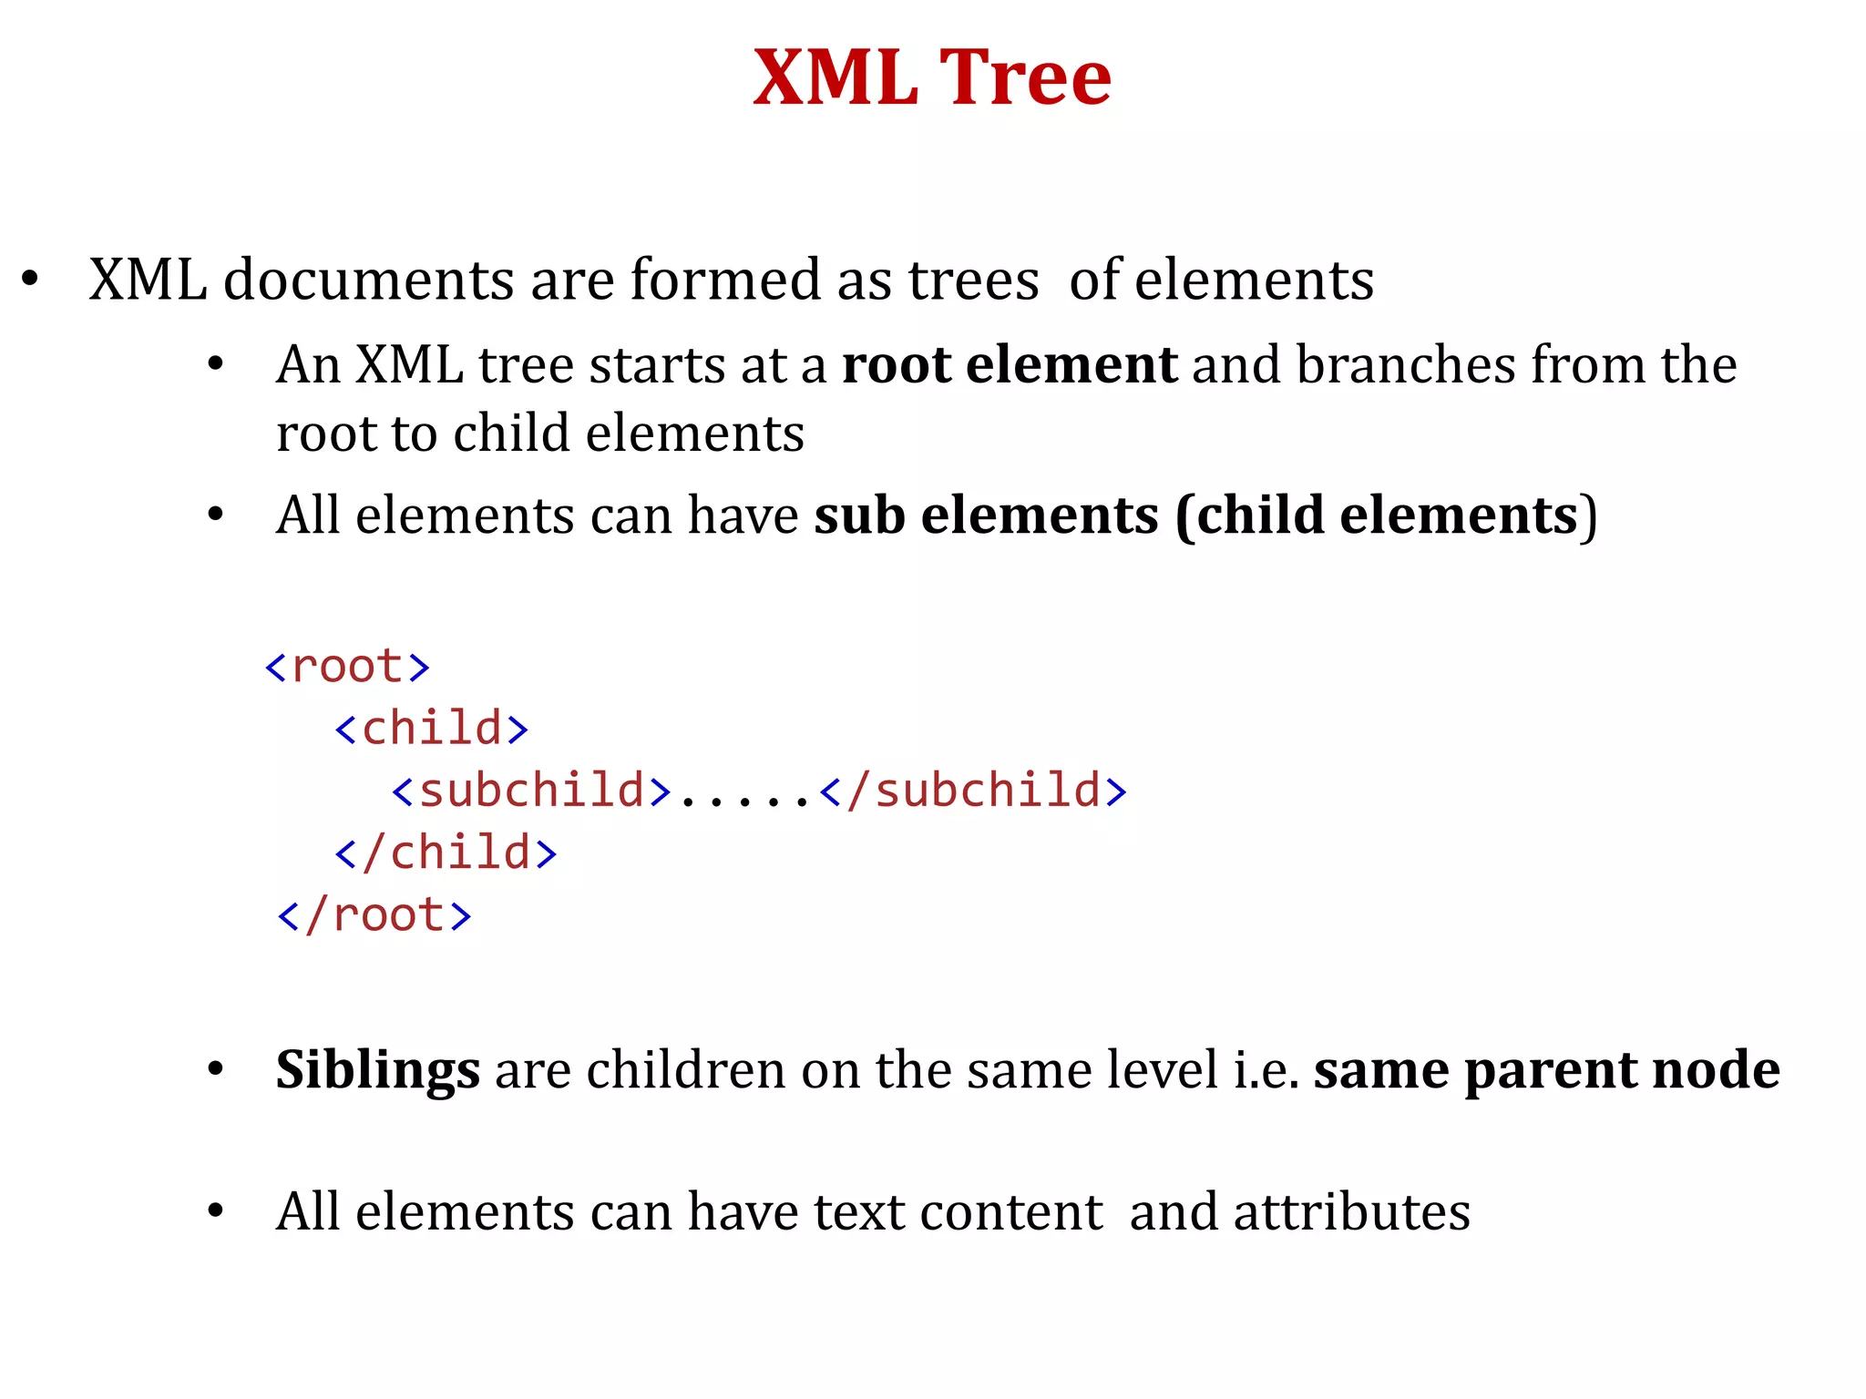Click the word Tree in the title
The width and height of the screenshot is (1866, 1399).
[x=1025, y=78]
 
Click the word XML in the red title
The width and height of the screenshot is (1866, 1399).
[x=836, y=78]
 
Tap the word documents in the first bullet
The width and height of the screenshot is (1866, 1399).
[x=368, y=280]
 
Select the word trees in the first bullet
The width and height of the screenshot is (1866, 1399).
[x=973, y=280]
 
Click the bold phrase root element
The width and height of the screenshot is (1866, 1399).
[x=1010, y=365]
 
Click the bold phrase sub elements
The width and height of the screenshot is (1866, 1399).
[x=987, y=516]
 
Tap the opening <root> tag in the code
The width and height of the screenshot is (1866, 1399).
[x=347, y=668]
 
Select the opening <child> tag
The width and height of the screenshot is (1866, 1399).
[x=432, y=730]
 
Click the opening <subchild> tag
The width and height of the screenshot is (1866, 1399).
[x=532, y=791]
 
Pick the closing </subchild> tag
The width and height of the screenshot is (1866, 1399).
[x=973, y=791]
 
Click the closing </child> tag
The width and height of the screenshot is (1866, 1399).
[x=446, y=853]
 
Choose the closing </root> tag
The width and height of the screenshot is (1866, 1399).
[x=374, y=915]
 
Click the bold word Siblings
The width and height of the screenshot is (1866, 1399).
[x=377, y=1070]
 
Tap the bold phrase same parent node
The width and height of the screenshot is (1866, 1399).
[x=1546, y=1070]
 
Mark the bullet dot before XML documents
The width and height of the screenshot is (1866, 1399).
[x=30, y=278]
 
